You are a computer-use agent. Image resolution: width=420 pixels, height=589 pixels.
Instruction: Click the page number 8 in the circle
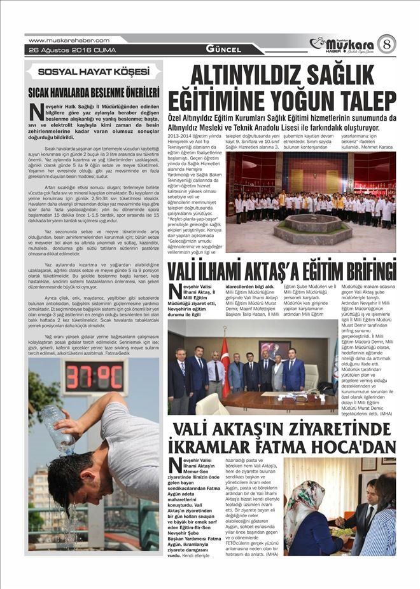pos(386,44)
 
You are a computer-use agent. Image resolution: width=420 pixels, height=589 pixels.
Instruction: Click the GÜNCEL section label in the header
pos(223,49)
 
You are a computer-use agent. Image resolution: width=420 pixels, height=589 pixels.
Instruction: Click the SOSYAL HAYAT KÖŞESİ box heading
pos(94,72)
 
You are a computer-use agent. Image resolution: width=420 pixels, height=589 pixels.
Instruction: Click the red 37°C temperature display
pos(94,377)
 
